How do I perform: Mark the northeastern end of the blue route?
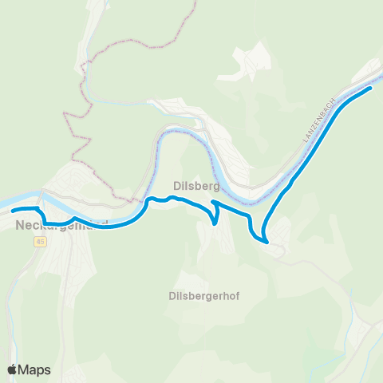click(x=371, y=89)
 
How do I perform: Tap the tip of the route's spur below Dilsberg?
click(x=216, y=224)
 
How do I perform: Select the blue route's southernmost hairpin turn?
click(x=263, y=239)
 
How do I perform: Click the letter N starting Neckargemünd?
click(x=19, y=226)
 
